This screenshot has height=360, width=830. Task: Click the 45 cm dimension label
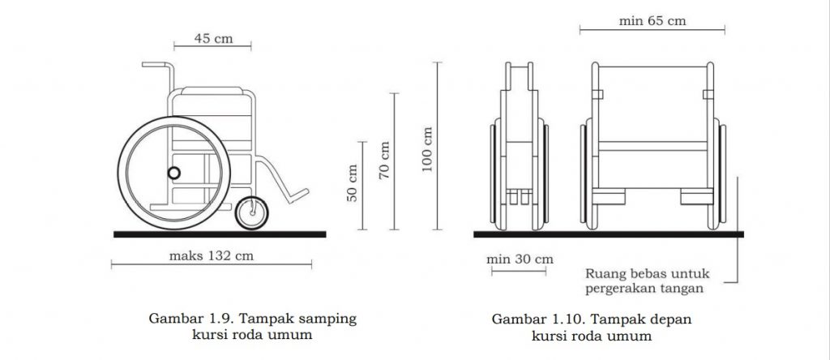tap(212, 38)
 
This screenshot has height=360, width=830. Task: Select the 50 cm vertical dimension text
tap(353, 184)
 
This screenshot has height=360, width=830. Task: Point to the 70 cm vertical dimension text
tap(385, 160)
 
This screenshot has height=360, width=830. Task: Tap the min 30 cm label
tap(520, 259)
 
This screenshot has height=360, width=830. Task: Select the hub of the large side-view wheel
tap(173, 173)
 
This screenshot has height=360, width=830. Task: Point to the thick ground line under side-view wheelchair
tap(219, 234)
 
